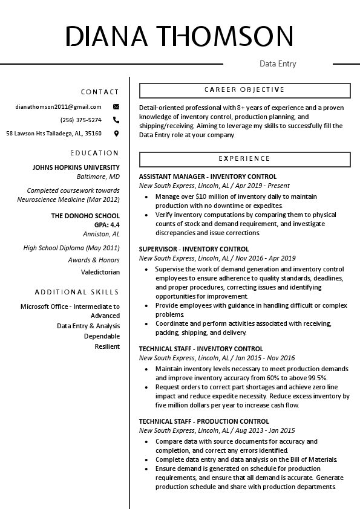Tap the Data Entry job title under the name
point(278,63)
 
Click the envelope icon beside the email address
point(116,106)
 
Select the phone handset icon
point(116,120)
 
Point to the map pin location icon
point(116,133)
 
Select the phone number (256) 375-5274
point(81,120)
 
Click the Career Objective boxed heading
point(244,90)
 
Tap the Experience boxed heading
point(244,159)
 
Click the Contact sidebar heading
point(100,92)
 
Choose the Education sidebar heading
point(94,153)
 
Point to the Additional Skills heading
point(77,292)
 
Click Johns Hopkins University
point(76,167)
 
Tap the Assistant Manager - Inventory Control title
point(208,177)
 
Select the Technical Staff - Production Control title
point(204,421)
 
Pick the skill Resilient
point(107,346)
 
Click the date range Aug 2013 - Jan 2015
point(265,430)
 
